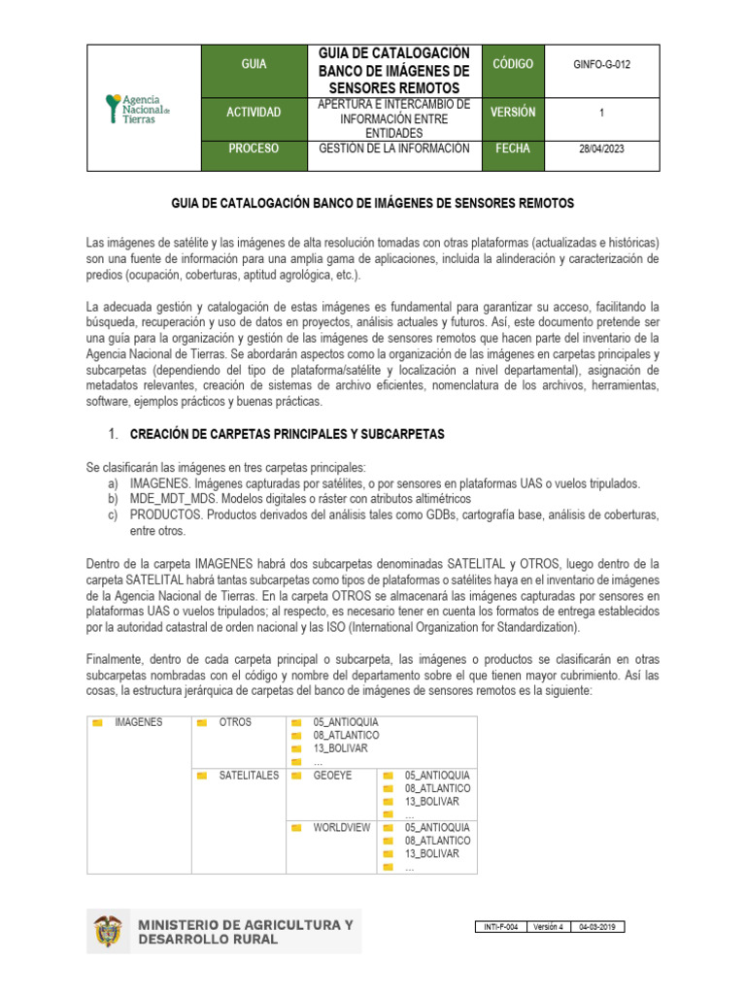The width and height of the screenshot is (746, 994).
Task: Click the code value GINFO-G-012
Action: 601,65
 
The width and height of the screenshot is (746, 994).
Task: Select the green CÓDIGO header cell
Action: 512,64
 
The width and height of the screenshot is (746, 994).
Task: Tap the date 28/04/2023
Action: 601,149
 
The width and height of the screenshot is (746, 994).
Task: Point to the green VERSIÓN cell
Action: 512,113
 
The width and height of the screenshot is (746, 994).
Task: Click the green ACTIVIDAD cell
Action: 254,113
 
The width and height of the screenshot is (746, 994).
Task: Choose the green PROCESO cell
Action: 254,149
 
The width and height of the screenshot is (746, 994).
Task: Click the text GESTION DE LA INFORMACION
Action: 394,149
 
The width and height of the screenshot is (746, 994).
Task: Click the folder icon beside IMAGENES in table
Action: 97,723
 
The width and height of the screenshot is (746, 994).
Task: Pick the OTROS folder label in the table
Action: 235,722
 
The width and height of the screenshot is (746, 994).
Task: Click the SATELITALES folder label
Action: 249,776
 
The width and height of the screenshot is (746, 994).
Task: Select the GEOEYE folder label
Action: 332,776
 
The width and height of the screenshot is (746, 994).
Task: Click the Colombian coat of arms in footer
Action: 108,932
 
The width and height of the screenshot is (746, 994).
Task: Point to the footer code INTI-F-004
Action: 502,927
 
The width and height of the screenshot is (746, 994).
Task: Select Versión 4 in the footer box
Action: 549,927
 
